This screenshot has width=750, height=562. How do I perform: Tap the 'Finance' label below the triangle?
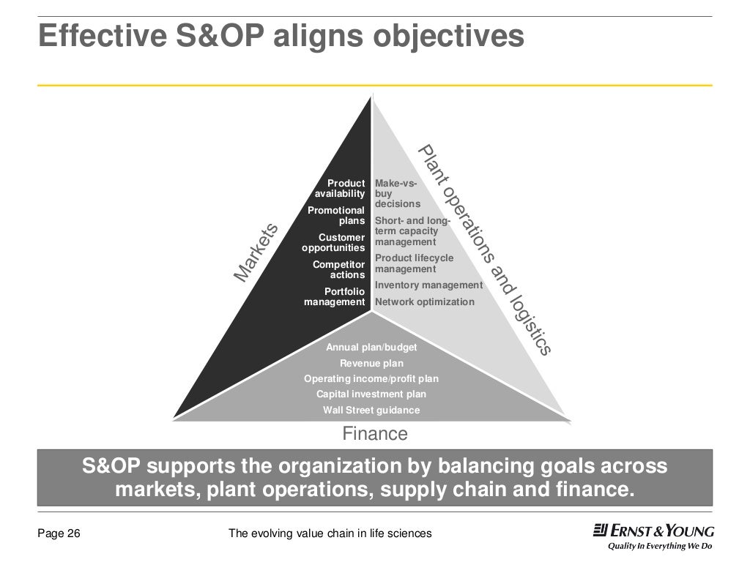tap(375, 434)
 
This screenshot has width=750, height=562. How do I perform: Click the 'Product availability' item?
tap(340, 188)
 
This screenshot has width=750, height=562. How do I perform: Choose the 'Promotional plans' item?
tap(336, 215)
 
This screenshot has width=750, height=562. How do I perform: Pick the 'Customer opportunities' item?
tap(333, 242)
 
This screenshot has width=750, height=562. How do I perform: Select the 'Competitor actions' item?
tap(338, 269)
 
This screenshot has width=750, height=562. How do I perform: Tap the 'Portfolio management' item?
tap(335, 296)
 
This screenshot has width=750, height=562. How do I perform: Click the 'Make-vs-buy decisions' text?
tap(397, 193)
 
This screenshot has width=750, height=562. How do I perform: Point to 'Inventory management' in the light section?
tap(428, 285)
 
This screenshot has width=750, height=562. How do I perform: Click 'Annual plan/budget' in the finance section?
tap(371, 348)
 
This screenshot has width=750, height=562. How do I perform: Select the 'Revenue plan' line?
tap(371, 363)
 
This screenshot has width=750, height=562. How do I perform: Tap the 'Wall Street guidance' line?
tap(371, 410)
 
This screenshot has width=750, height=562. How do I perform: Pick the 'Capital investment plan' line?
tap(371, 394)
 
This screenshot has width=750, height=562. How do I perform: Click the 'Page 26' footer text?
tap(59, 533)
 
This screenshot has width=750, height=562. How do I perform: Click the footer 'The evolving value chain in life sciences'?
tap(330, 533)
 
